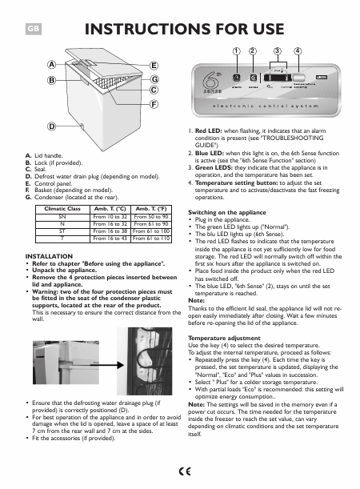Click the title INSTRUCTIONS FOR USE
coord(185,30)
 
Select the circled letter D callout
coord(50,126)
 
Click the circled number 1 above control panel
coord(236,50)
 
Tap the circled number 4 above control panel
coord(298,50)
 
